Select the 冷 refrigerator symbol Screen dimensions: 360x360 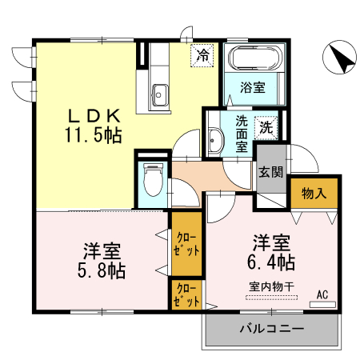(x=203, y=56)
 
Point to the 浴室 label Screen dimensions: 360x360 (x=253, y=86)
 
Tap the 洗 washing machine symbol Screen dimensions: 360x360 (x=266, y=126)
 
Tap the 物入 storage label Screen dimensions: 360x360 (x=314, y=192)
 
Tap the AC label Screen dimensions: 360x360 (x=322, y=294)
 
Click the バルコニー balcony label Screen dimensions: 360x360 (x=272, y=329)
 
